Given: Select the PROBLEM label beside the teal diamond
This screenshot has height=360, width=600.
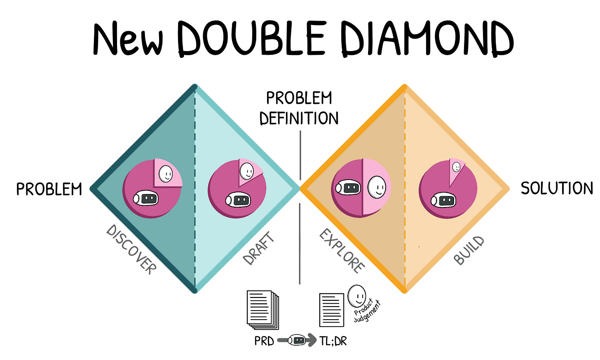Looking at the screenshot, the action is pyautogui.click(x=49, y=189).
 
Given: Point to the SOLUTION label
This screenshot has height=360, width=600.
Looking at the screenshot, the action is pyautogui.click(x=556, y=188).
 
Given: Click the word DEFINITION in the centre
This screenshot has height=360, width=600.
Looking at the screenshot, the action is pyautogui.click(x=299, y=118).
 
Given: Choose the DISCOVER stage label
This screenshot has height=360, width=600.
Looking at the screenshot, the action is pyautogui.click(x=131, y=249).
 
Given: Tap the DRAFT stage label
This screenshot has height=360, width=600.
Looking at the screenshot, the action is pyautogui.click(x=258, y=248).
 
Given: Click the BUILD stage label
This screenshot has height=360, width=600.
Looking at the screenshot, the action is pyautogui.click(x=469, y=250).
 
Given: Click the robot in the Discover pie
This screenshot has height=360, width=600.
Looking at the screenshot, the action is pyautogui.click(x=145, y=199).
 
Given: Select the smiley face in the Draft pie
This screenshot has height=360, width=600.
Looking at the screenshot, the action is pyautogui.click(x=247, y=171).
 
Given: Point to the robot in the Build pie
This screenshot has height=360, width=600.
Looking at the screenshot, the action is pyautogui.click(x=443, y=201).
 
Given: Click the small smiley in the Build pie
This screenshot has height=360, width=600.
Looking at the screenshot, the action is pyautogui.click(x=456, y=167).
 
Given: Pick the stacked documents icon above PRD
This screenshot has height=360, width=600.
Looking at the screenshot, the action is pyautogui.click(x=262, y=309).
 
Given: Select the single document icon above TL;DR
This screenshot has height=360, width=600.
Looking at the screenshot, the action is pyautogui.click(x=332, y=310).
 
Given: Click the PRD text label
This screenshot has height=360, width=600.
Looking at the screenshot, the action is pyautogui.click(x=264, y=341).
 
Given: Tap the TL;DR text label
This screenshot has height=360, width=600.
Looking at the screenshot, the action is pyautogui.click(x=333, y=341).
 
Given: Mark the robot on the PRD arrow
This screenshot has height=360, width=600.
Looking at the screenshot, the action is pyautogui.click(x=297, y=340).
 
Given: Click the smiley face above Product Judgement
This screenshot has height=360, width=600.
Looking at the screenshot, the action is pyautogui.click(x=356, y=296).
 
